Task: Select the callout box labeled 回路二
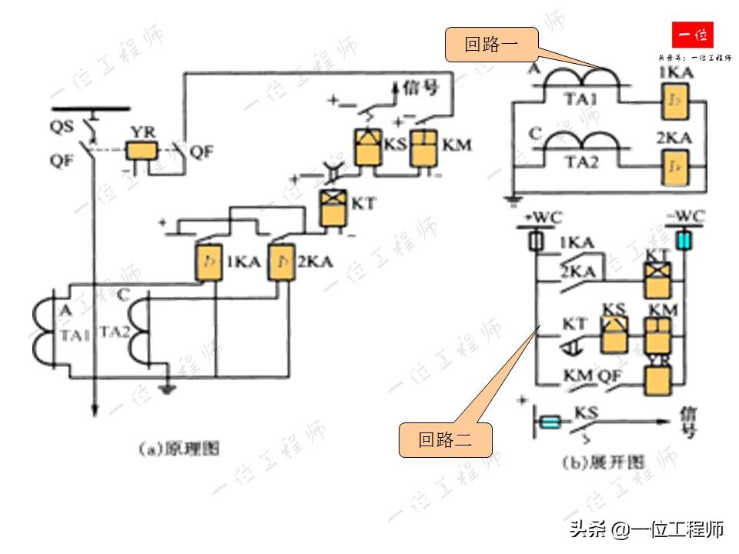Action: tap(445, 440)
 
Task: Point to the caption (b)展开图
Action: tap(603, 462)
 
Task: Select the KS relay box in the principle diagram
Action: tap(368, 147)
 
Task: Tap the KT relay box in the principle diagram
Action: tap(333, 208)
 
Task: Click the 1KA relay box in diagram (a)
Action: tap(208, 262)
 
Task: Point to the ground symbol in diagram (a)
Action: tap(165, 386)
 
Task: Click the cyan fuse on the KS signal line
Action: tap(550, 422)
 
